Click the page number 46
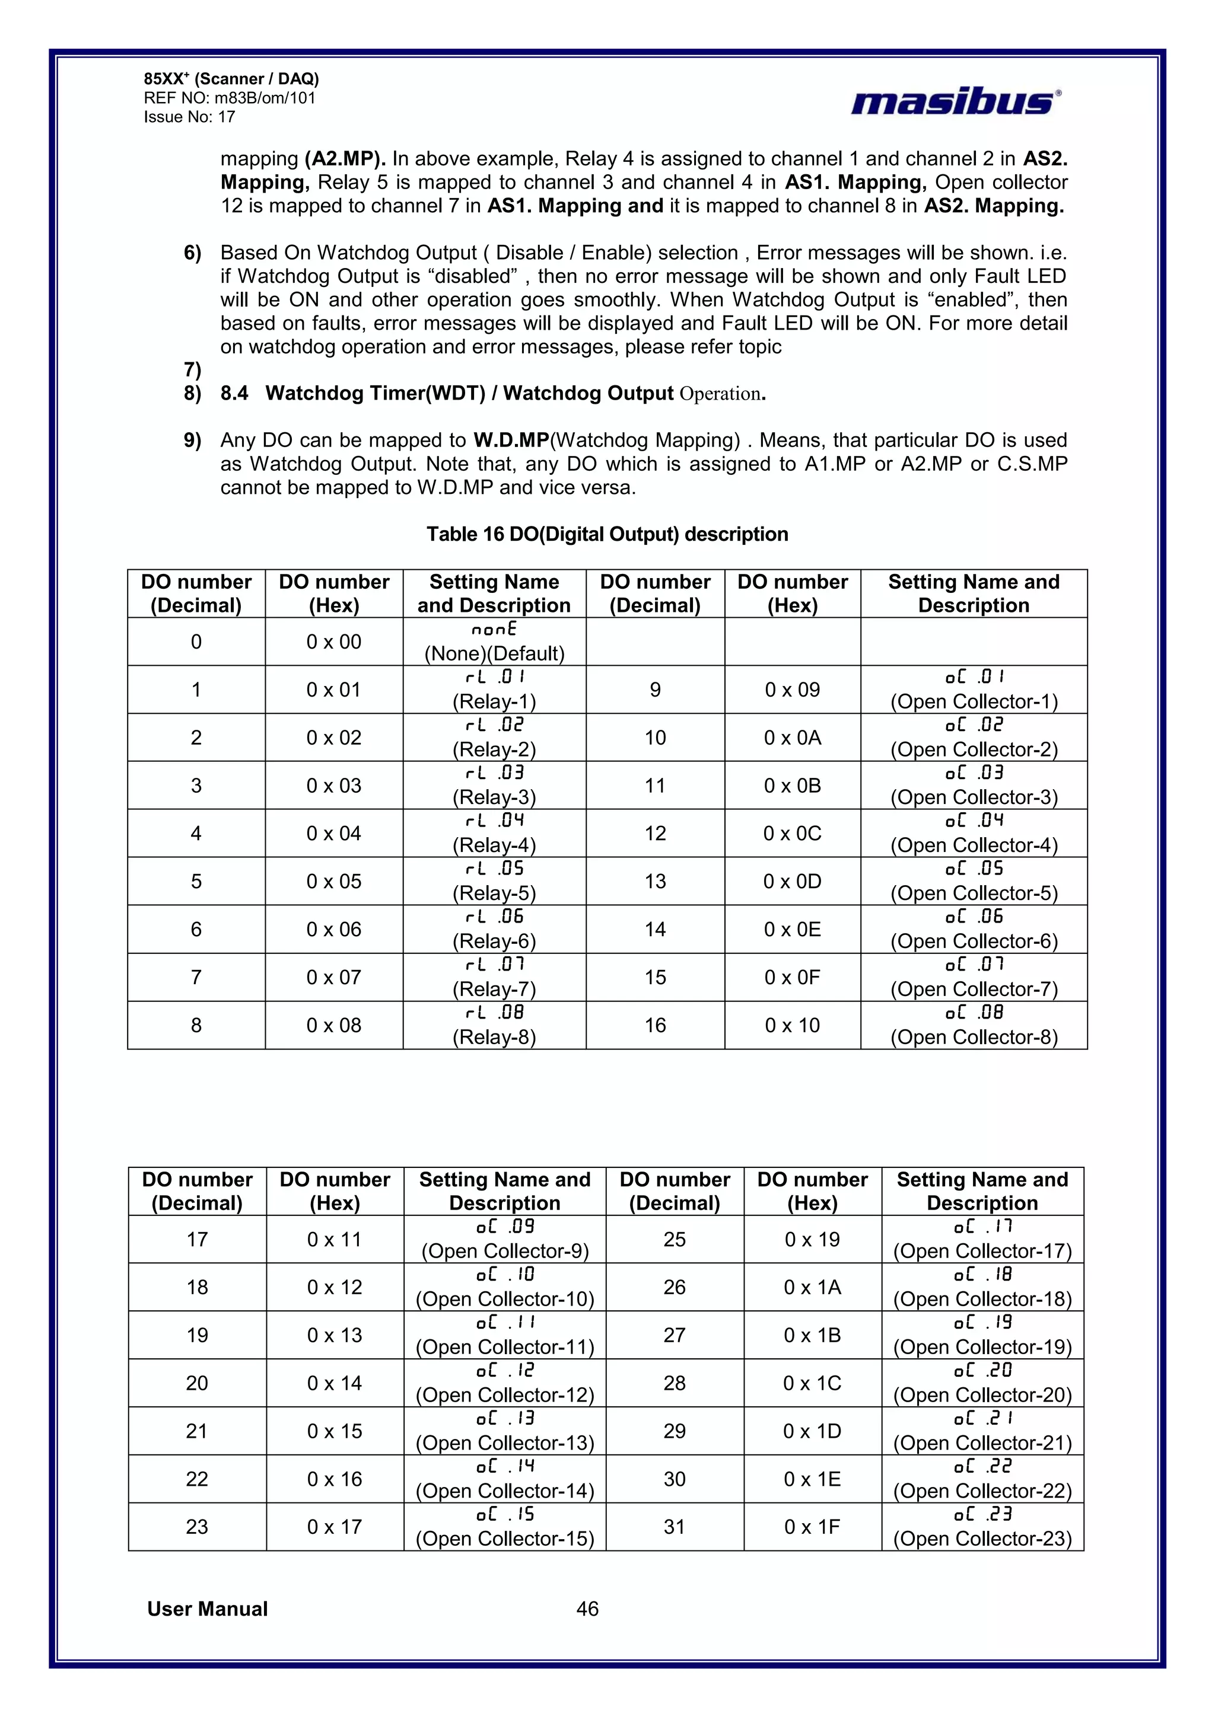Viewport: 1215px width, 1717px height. tap(587, 1609)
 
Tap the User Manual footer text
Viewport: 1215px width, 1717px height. tap(207, 1609)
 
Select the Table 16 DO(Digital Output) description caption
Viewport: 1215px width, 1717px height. tap(607, 534)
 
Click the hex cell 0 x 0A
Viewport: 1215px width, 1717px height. tap(792, 738)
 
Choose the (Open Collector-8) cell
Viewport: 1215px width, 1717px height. tap(974, 1025)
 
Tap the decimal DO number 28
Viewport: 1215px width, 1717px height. tap(674, 1383)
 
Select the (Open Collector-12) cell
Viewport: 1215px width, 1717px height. tap(504, 1383)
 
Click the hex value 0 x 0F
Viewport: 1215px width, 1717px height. tap(792, 978)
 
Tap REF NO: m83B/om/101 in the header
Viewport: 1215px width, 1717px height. tap(230, 98)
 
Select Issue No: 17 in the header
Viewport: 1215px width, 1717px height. tap(189, 117)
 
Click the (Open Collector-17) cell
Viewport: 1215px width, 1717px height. tap(982, 1239)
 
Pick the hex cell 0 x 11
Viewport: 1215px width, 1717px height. tap(335, 1239)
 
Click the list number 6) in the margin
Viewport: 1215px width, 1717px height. tap(192, 253)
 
